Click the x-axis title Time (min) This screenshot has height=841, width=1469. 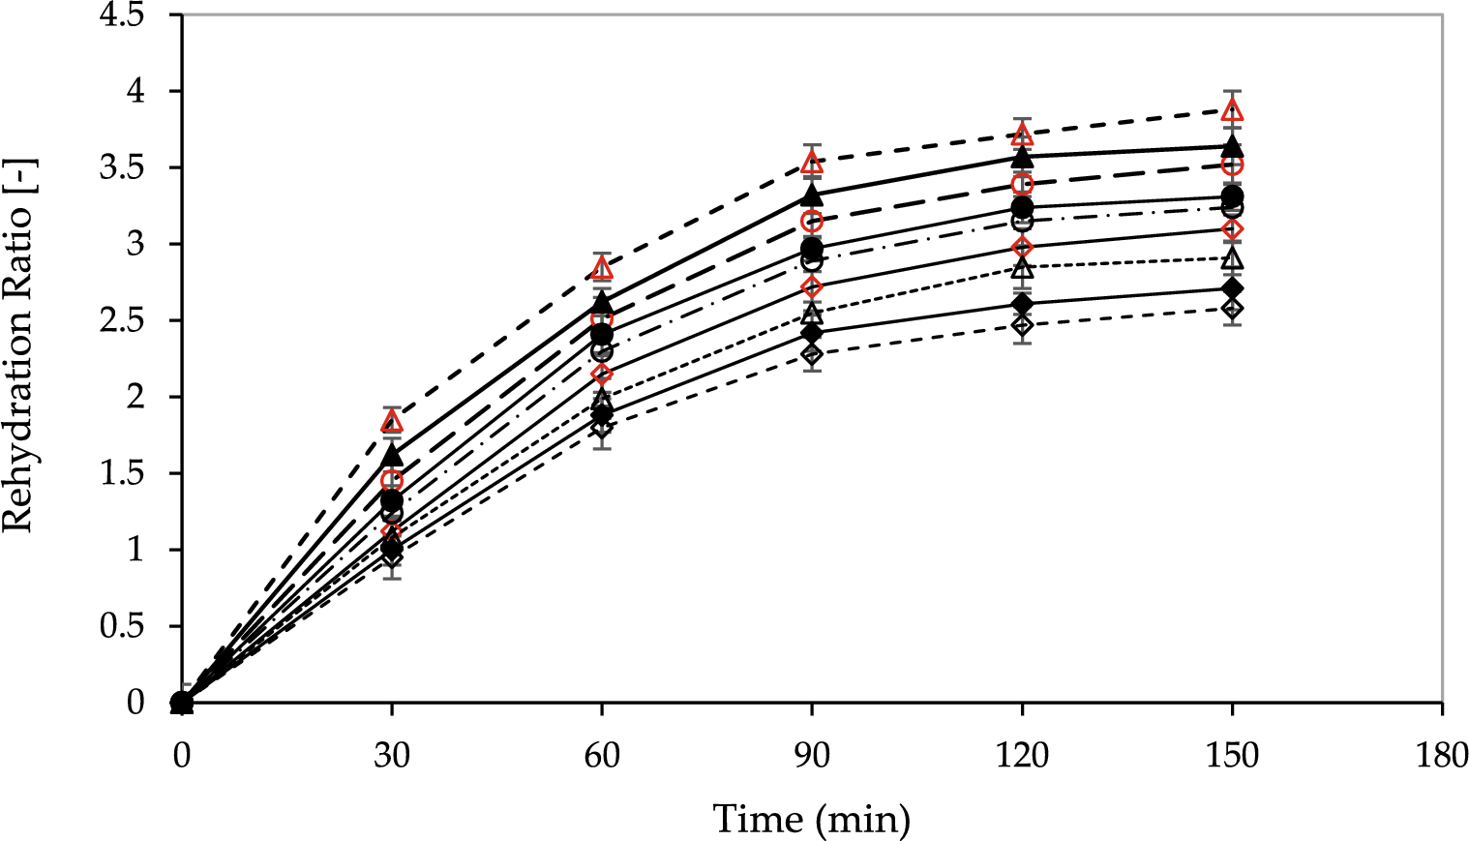[x=811, y=819]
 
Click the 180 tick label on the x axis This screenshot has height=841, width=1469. [x=1442, y=755]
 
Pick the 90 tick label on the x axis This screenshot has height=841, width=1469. [x=812, y=755]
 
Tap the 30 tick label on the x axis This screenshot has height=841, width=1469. [x=391, y=755]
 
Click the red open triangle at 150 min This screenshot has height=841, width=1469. [x=1232, y=110]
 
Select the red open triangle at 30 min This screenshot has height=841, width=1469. [x=392, y=421]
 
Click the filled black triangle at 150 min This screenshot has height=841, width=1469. [x=1232, y=147]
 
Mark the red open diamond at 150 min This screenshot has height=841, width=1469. [x=1232, y=229]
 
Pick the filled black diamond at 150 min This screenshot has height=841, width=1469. [x=1232, y=289]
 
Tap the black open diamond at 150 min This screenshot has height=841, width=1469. [x=1232, y=309]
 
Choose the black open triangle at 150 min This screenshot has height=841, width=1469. [x=1232, y=259]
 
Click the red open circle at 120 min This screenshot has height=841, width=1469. [x=1022, y=184]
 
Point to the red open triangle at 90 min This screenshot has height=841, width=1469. [x=812, y=163]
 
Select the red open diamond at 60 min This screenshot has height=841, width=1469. [x=602, y=375]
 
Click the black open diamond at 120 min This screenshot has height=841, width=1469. [x=1022, y=325]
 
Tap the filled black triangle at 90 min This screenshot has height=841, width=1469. [x=812, y=195]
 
